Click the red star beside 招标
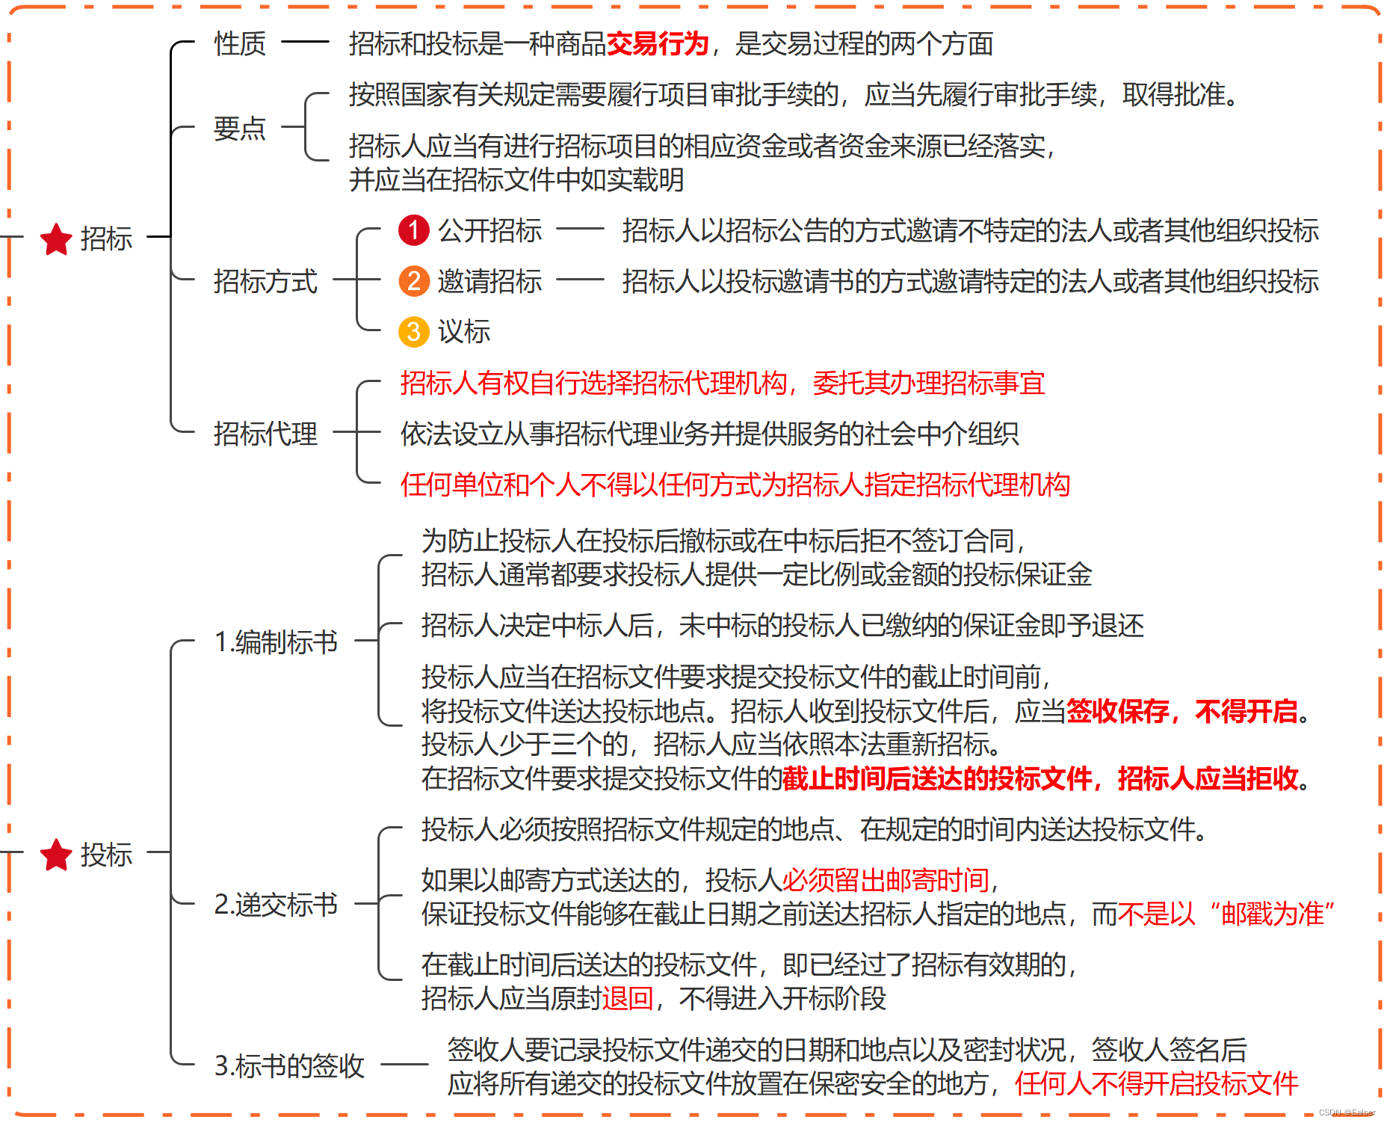click(x=56, y=239)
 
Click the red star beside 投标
click(x=56, y=855)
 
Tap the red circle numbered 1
click(x=413, y=230)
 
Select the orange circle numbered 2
click(x=413, y=281)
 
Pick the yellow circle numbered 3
click(x=413, y=332)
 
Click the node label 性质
click(x=240, y=44)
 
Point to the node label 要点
click(x=240, y=129)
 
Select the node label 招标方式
click(x=265, y=282)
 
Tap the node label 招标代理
click(x=265, y=434)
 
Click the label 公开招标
click(x=489, y=231)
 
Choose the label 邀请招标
click(x=489, y=282)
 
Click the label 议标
click(x=464, y=332)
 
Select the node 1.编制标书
click(x=276, y=642)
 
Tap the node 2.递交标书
click(x=276, y=905)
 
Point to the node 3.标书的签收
click(x=289, y=1065)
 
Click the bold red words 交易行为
click(x=657, y=44)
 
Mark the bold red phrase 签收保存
click(x=1117, y=711)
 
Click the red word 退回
click(x=628, y=999)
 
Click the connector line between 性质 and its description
click(x=305, y=43)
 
